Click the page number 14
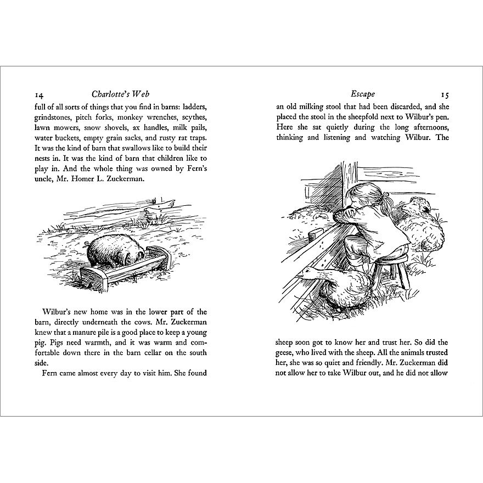40,94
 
